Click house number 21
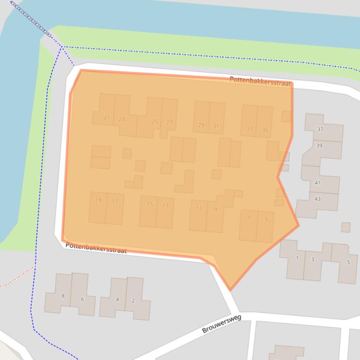click(106, 117)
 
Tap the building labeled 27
click(169, 122)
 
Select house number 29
click(201, 125)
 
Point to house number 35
click(265, 130)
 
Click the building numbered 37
click(320, 129)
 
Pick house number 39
click(319, 146)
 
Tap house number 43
click(317, 199)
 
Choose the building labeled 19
click(98, 200)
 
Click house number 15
click(150, 204)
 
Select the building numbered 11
click(199, 208)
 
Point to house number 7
click(249, 217)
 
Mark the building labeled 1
click(297, 258)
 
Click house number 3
click(312, 259)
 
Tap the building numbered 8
click(63, 295)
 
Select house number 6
click(82, 299)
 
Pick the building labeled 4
click(117, 299)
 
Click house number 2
click(133, 301)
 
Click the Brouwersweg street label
click(221, 324)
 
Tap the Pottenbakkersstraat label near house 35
click(260, 81)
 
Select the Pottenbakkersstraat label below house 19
click(96, 248)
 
